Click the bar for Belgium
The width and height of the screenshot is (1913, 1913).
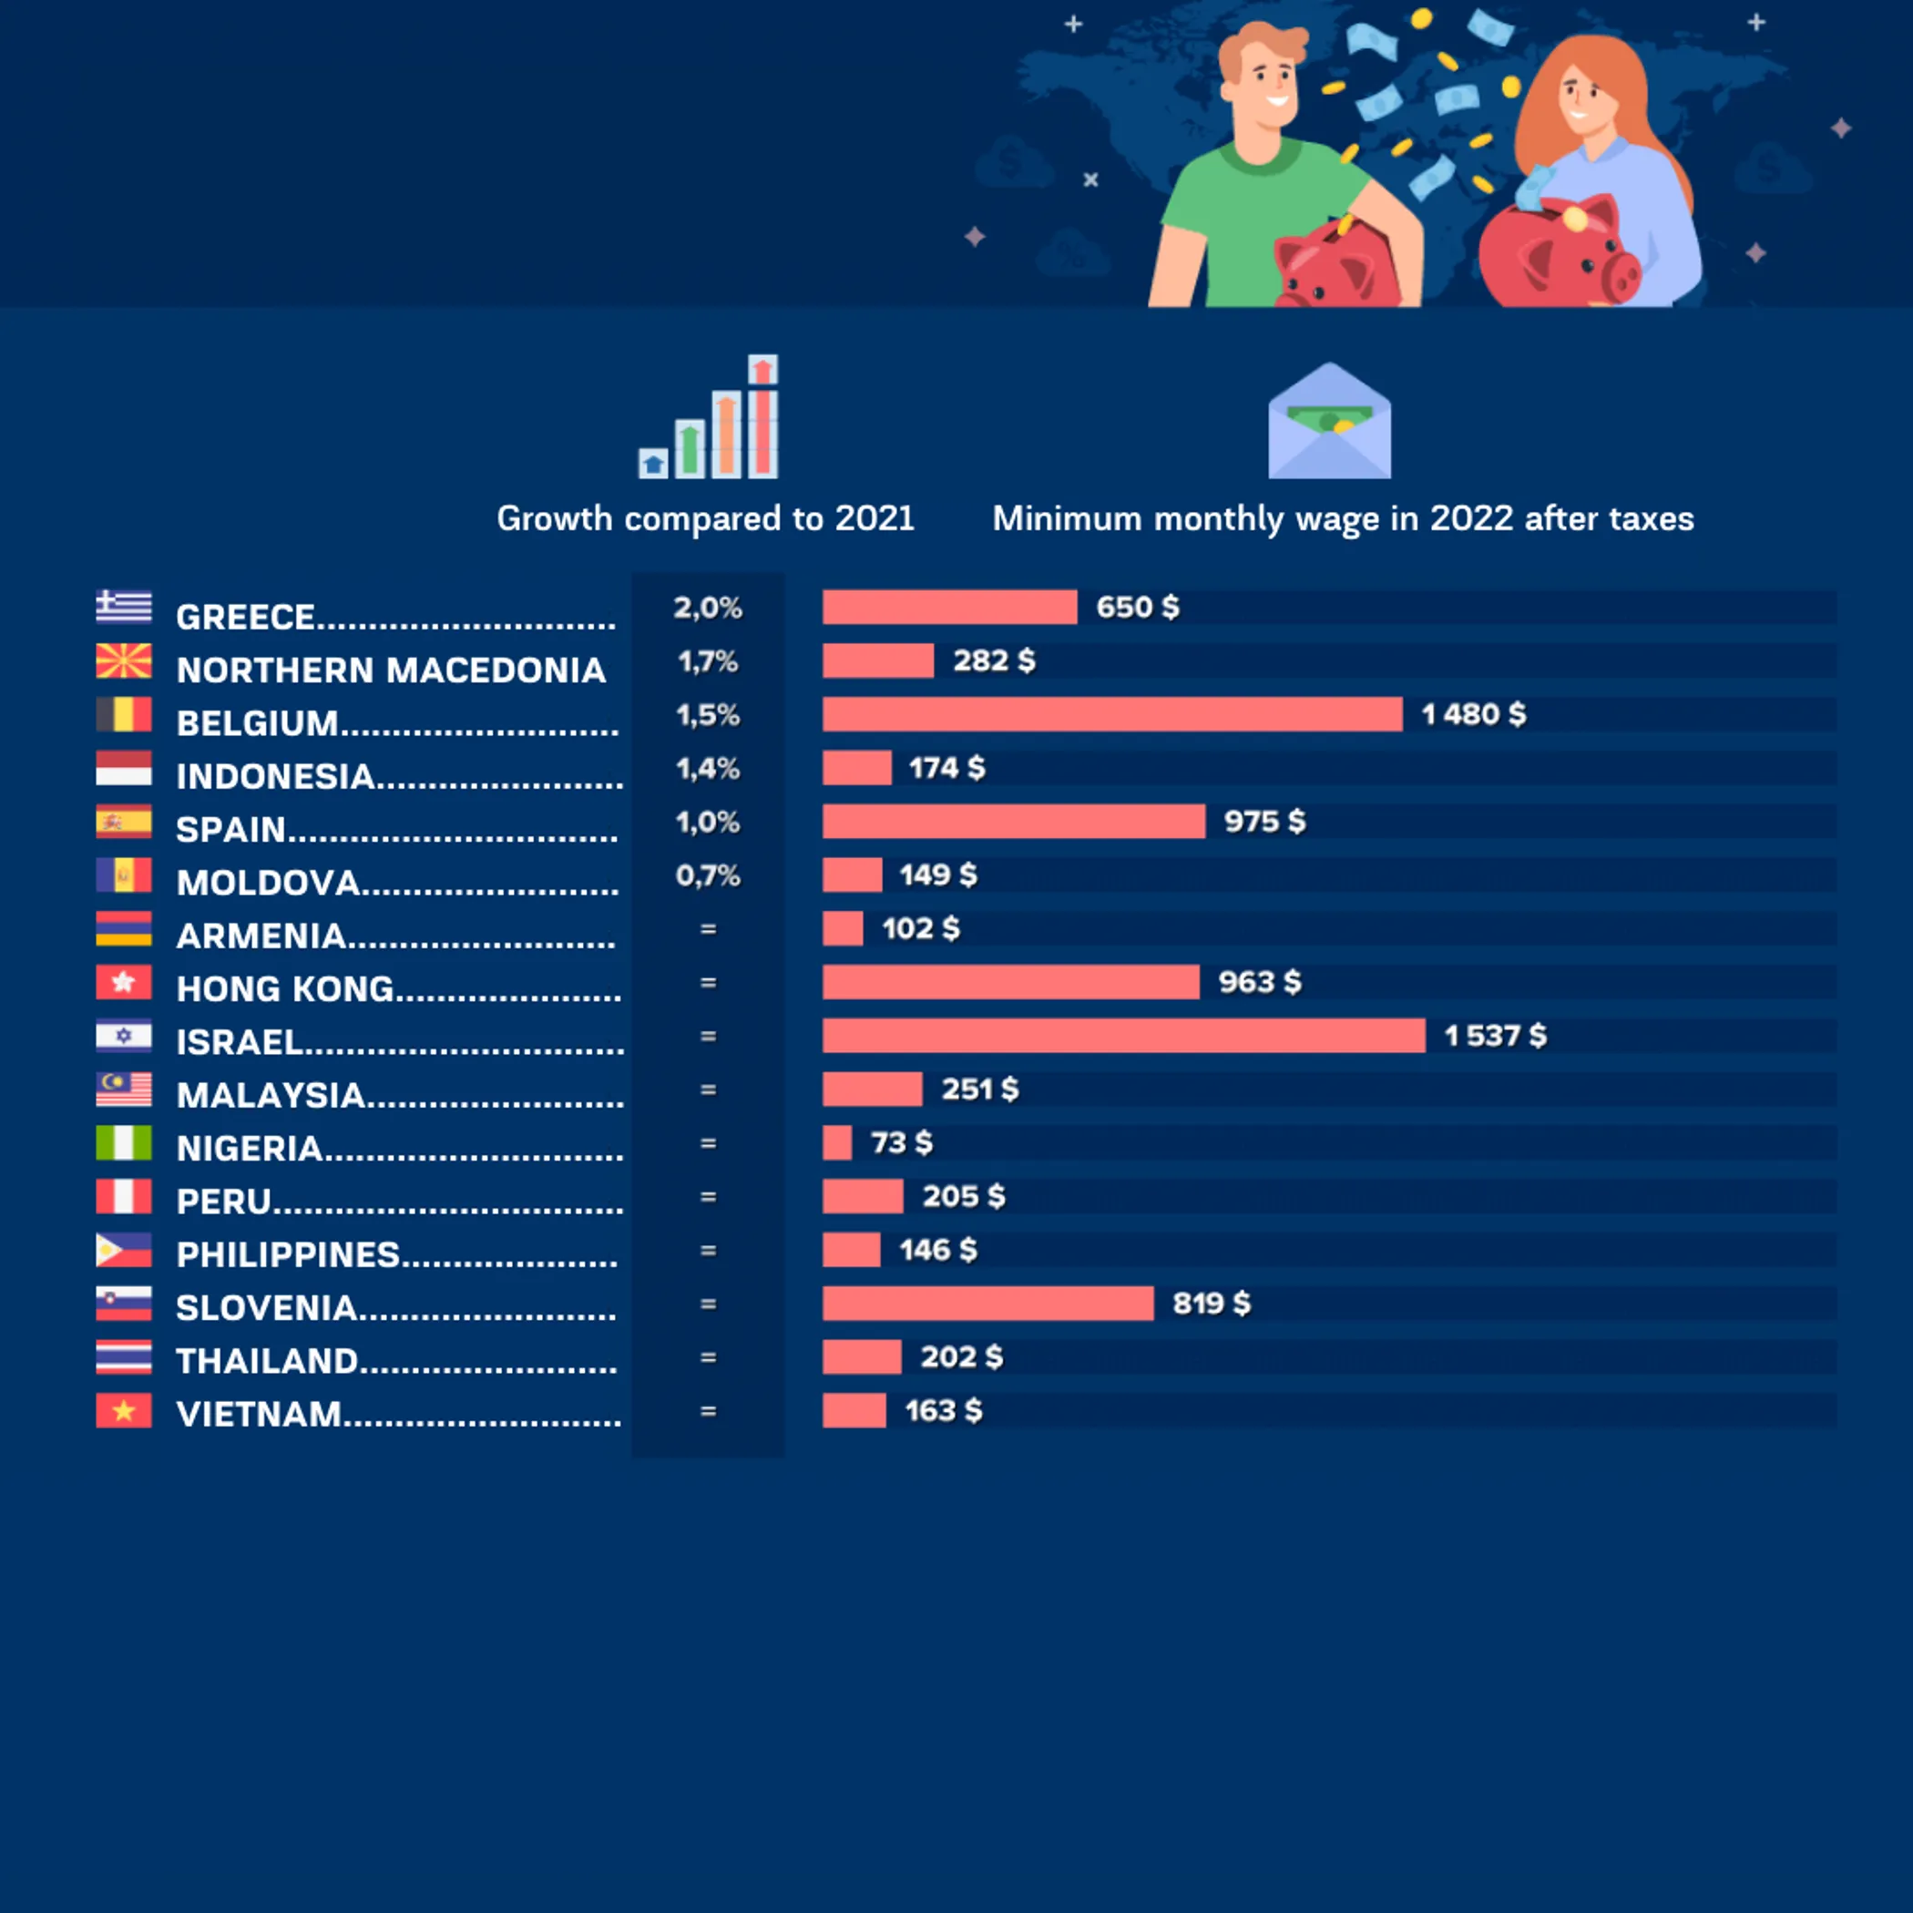1112,714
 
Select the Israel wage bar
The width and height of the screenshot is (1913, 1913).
1124,1036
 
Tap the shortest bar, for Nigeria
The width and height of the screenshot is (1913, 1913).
836,1142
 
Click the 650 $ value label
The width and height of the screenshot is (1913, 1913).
1138,607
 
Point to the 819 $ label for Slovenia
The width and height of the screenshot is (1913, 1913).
1211,1303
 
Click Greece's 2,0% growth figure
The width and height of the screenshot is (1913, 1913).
708,607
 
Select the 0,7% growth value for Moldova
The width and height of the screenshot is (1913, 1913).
708,875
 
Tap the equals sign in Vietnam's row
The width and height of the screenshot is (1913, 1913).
708,1411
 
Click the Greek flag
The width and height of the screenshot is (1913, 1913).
124,607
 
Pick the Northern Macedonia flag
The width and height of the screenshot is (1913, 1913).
124,660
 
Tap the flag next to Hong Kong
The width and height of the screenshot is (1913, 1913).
124,982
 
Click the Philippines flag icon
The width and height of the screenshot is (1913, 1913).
124,1250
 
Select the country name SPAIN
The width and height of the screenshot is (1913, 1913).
230,830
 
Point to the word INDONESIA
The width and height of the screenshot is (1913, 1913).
275,776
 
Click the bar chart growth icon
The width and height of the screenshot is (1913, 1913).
709,418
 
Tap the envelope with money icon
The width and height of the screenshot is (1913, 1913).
1329,422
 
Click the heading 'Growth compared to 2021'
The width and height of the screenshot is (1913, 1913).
705,519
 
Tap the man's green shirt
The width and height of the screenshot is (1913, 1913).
1257,218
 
